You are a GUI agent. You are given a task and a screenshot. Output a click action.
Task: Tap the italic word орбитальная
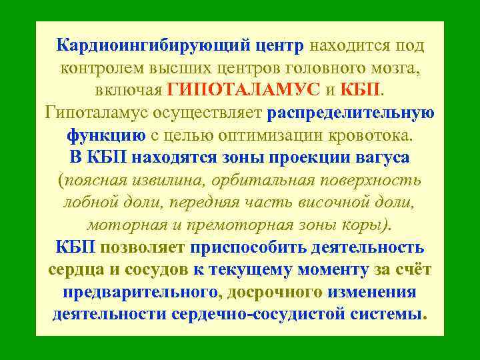click(x=258, y=180)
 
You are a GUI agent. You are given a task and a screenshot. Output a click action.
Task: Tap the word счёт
click(x=409, y=270)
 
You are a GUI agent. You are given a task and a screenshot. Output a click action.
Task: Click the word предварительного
click(x=140, y=292)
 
